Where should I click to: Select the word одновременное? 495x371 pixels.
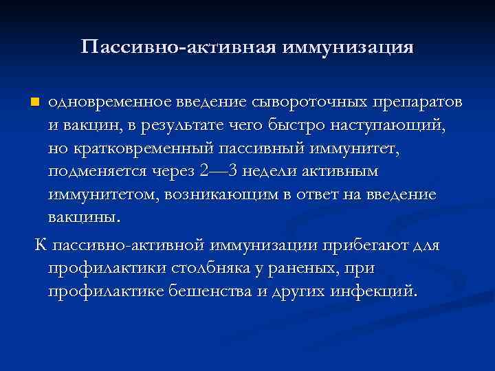[104, 102]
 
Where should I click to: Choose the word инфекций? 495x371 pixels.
[375, 291]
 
